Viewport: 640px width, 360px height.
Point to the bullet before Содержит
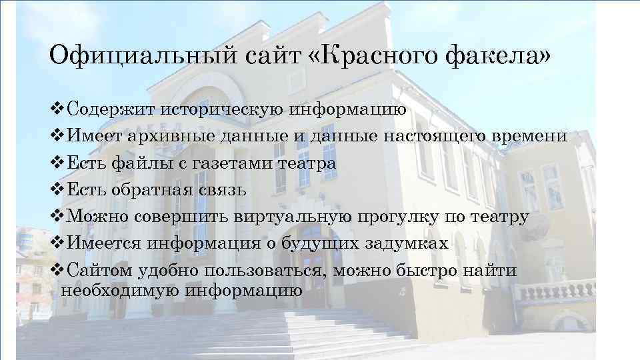tap(57, 108)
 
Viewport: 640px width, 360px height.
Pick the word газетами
tap(220, 163)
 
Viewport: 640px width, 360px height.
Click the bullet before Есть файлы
tap(57, 163)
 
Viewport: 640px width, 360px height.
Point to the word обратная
tap(153, 190)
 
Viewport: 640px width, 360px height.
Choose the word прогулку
tap(398, 217)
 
